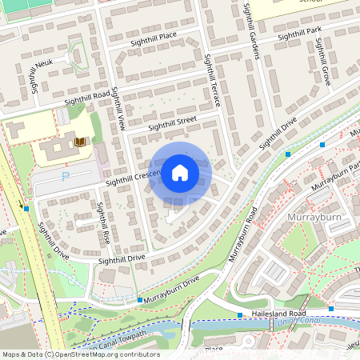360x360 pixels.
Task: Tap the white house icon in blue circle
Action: point(180,172)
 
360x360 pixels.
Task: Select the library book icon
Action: point(79,142)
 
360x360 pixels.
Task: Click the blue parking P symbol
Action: point(66,176)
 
